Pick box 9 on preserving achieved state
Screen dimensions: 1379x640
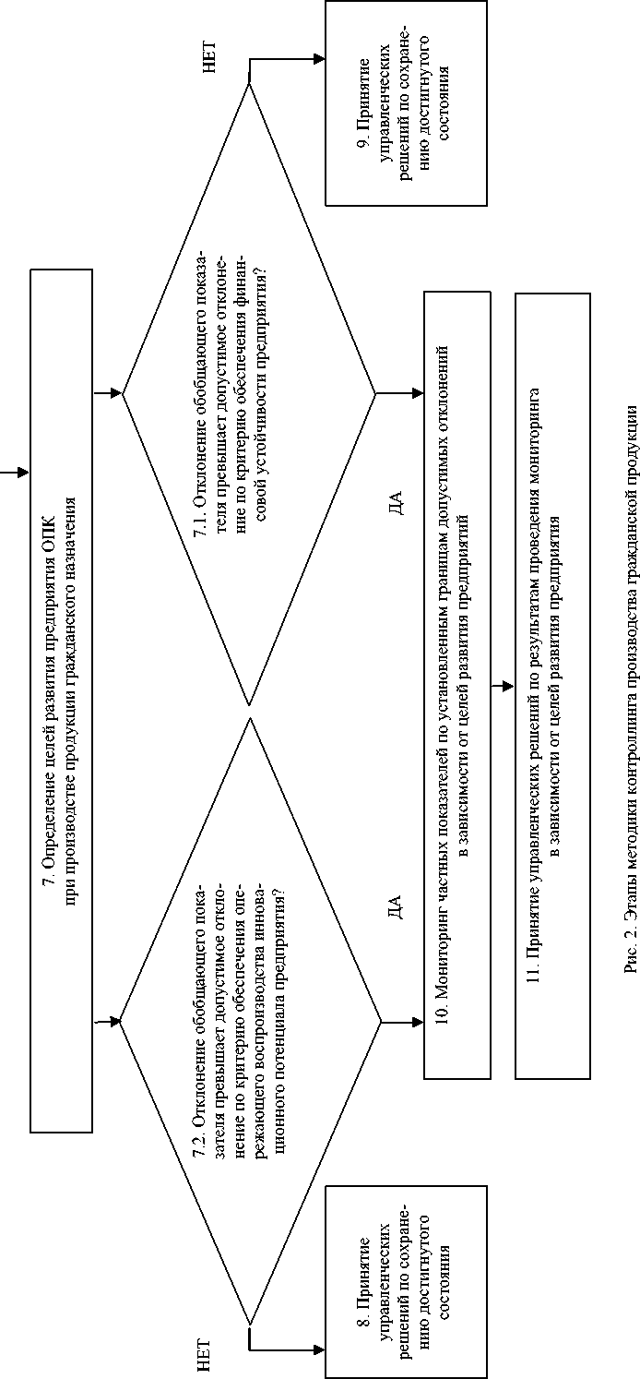point(406,102)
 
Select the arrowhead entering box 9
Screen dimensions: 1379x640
point(318,58)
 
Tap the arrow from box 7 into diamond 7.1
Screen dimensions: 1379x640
point(108,395)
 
